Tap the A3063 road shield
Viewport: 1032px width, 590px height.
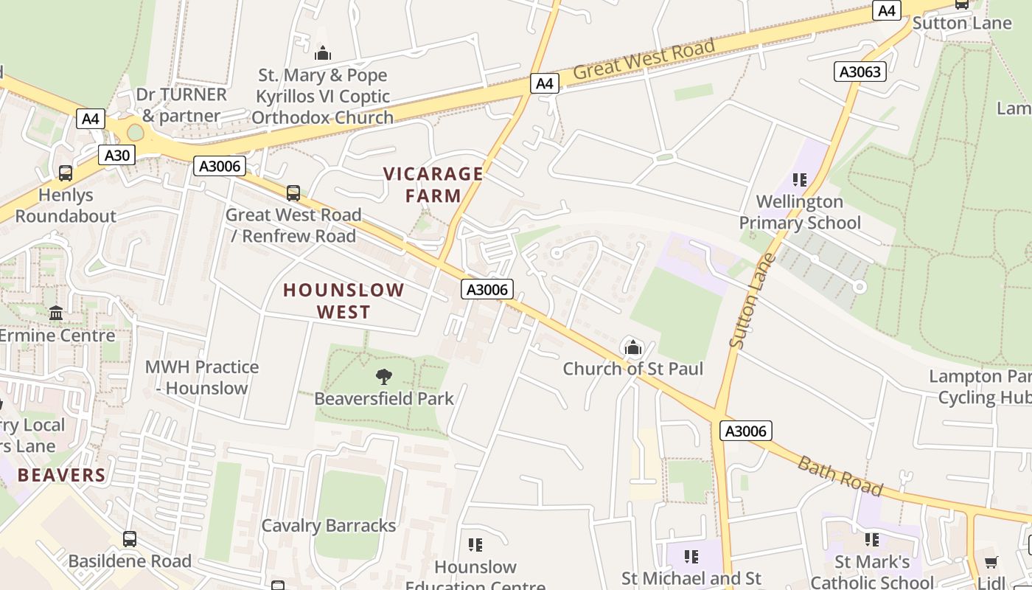coord(860,72)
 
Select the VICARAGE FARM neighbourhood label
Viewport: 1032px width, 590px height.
coord(433,184)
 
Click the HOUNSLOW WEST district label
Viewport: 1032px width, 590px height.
coord(344,300)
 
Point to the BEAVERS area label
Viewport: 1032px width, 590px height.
coord(62,475)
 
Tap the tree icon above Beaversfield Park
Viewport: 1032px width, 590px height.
coord(383,377)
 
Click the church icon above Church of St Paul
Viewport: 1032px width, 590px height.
coord(632,347)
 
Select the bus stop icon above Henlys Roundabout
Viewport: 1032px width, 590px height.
coord(66,173)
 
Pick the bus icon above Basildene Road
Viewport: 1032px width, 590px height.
coord(130,539)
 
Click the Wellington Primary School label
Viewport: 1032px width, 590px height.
coord(800,212)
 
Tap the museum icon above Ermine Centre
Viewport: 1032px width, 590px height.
coord(56,313)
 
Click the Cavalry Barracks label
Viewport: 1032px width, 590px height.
coord(329,526)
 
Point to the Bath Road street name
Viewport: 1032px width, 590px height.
coord(840,476)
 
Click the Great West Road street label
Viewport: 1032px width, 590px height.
coord(644,60)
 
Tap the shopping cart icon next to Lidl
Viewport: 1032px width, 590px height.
coord(991,562)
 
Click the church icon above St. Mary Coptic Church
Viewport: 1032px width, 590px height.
coord(322,53)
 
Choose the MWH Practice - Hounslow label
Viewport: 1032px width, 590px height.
coord(202,377)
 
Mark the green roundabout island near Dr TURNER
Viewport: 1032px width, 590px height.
coord(136,133)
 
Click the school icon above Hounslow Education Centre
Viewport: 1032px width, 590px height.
coord(475,545)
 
